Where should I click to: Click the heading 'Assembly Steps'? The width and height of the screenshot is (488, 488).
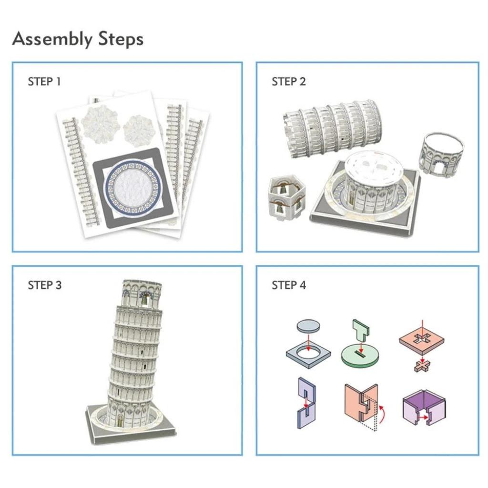click(78, 39)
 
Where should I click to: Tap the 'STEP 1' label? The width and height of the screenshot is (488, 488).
click(44, 81)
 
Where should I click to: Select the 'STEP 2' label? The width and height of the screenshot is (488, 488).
click(288, 81)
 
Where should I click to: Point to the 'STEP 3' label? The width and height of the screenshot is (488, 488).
click(44, 285)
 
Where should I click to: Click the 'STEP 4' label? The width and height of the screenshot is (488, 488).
click(288, 285)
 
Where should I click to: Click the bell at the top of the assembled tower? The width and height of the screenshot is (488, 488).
click(144, 299)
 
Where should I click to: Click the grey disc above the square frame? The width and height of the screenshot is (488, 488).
click(308, 326)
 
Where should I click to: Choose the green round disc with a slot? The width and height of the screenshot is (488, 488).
click(360, 356)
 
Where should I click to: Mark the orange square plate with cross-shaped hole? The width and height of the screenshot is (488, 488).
click(422, 340)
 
